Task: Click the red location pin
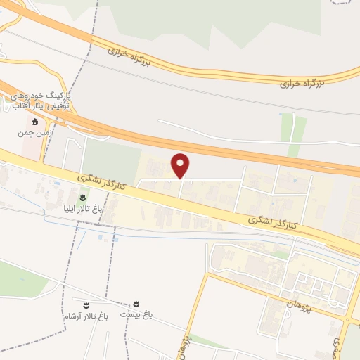(181, 166)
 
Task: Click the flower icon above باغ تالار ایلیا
(83, 198)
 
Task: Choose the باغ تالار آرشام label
(83, 316)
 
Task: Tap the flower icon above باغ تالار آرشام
(85, 305)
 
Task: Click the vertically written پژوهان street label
(188, 341)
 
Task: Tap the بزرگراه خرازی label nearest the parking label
(132, 53)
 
